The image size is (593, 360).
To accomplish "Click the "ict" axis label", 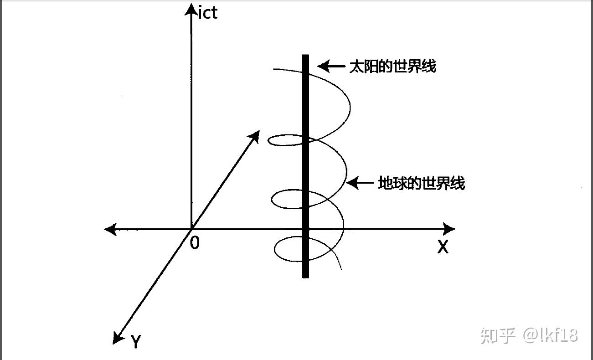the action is (x=208, y=13).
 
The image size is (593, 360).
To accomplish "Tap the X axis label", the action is (x=443, y=247).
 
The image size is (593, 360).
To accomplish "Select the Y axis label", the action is (x=136, y=341).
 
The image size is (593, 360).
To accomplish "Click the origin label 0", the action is (x=195, y=242).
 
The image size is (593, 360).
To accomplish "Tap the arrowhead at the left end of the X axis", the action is (x=111, y=229).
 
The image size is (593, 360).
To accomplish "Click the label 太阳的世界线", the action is (x=392, y=66).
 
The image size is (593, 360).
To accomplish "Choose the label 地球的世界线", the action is (x=422, y=183).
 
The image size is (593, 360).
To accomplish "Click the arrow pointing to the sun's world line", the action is (x=331, y=66).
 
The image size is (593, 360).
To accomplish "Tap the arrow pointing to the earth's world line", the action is (x=360, y=183).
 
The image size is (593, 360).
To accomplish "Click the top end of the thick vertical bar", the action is (x=305, y=55).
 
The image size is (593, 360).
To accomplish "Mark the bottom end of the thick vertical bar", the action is (x=305, y=278).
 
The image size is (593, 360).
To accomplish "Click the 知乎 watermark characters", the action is (x=498, y=336).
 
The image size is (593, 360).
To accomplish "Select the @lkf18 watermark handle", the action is (x=550, y=335).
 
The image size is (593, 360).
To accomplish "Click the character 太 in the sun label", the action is (x=356, y=66).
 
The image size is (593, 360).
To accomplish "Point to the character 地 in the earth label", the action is (x=385, y=183).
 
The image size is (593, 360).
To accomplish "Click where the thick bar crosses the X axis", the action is (x=305, y=229).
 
